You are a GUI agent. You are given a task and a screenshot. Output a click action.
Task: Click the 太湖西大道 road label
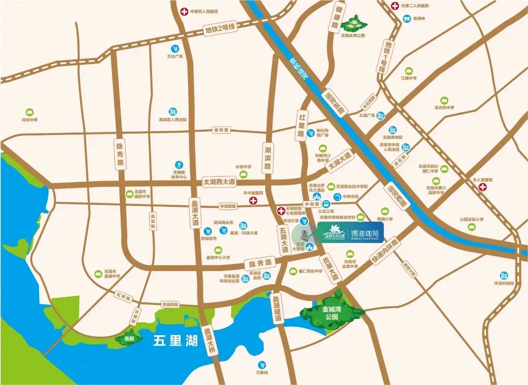pyautogui.click(x=219, y=181)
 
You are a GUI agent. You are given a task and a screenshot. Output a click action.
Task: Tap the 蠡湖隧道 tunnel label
pyautogui.click(x=277, y=309)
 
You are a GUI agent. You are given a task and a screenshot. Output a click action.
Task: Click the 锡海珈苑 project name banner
pyautogui.click(x=351, y=233)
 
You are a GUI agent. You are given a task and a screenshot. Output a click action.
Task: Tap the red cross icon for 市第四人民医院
pyautogui.click(x=184, y=11)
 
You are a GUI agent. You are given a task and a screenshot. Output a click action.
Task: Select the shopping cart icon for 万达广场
pyautogui.click(x=175, y=48)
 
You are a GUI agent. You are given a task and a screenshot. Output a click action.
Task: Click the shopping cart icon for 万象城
pyautogui.click(x=263, y=365)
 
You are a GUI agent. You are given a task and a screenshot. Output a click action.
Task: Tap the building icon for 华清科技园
pyautogui.click(x=503, y=275)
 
